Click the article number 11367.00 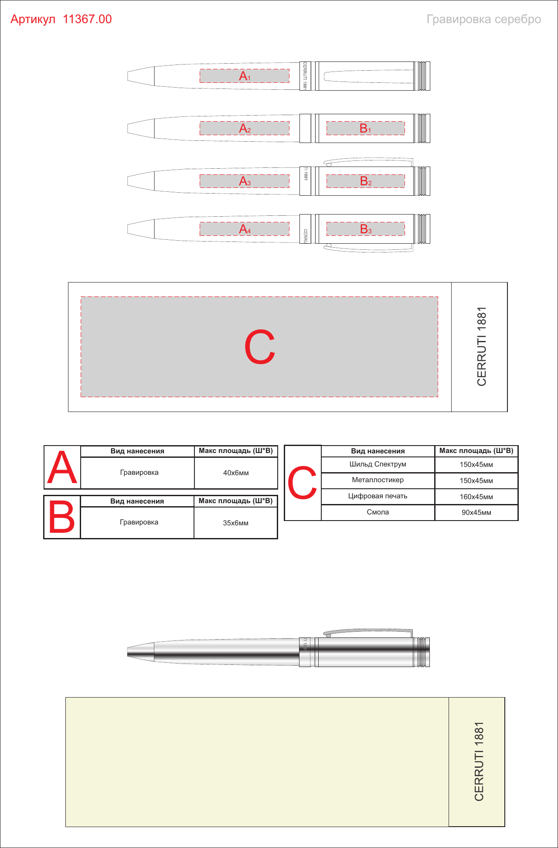pyautogui.click(x=87, y=19)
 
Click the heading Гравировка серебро pyautogui.click(x=484, y=19)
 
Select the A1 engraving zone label pyautogui.click(x=245, y=76)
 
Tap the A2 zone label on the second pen pyautogui.click(x=245, y=128)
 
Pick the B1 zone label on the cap pyautogui.click(x=365, y=128)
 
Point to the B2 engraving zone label pyautogui.click(x=366, y=181)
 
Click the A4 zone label pyautogui.click(x=245, y=229)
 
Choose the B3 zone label pyautogui.click(x=366, y=229)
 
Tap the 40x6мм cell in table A pyautogui.click(x=236, y=473)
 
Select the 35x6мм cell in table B pyautogui.click(x=236, y=523)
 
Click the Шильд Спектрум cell pyautogui.click(x=378, y=464)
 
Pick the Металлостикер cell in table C pyautogui.click(x=378, y=480)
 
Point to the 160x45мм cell pyautogui.click(x=476, y=497)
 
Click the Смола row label pyautogui.click(x=378, y=512)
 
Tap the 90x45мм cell pyautogui.click(x=476, y=513)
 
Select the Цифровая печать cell pyautogui.click(x=378, y=496)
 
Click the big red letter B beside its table pyautogui.click(x=61, y=517)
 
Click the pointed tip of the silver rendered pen pyautogui.click(x=128, y=652)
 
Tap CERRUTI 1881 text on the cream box pyautogui.click(x=479, y=761)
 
